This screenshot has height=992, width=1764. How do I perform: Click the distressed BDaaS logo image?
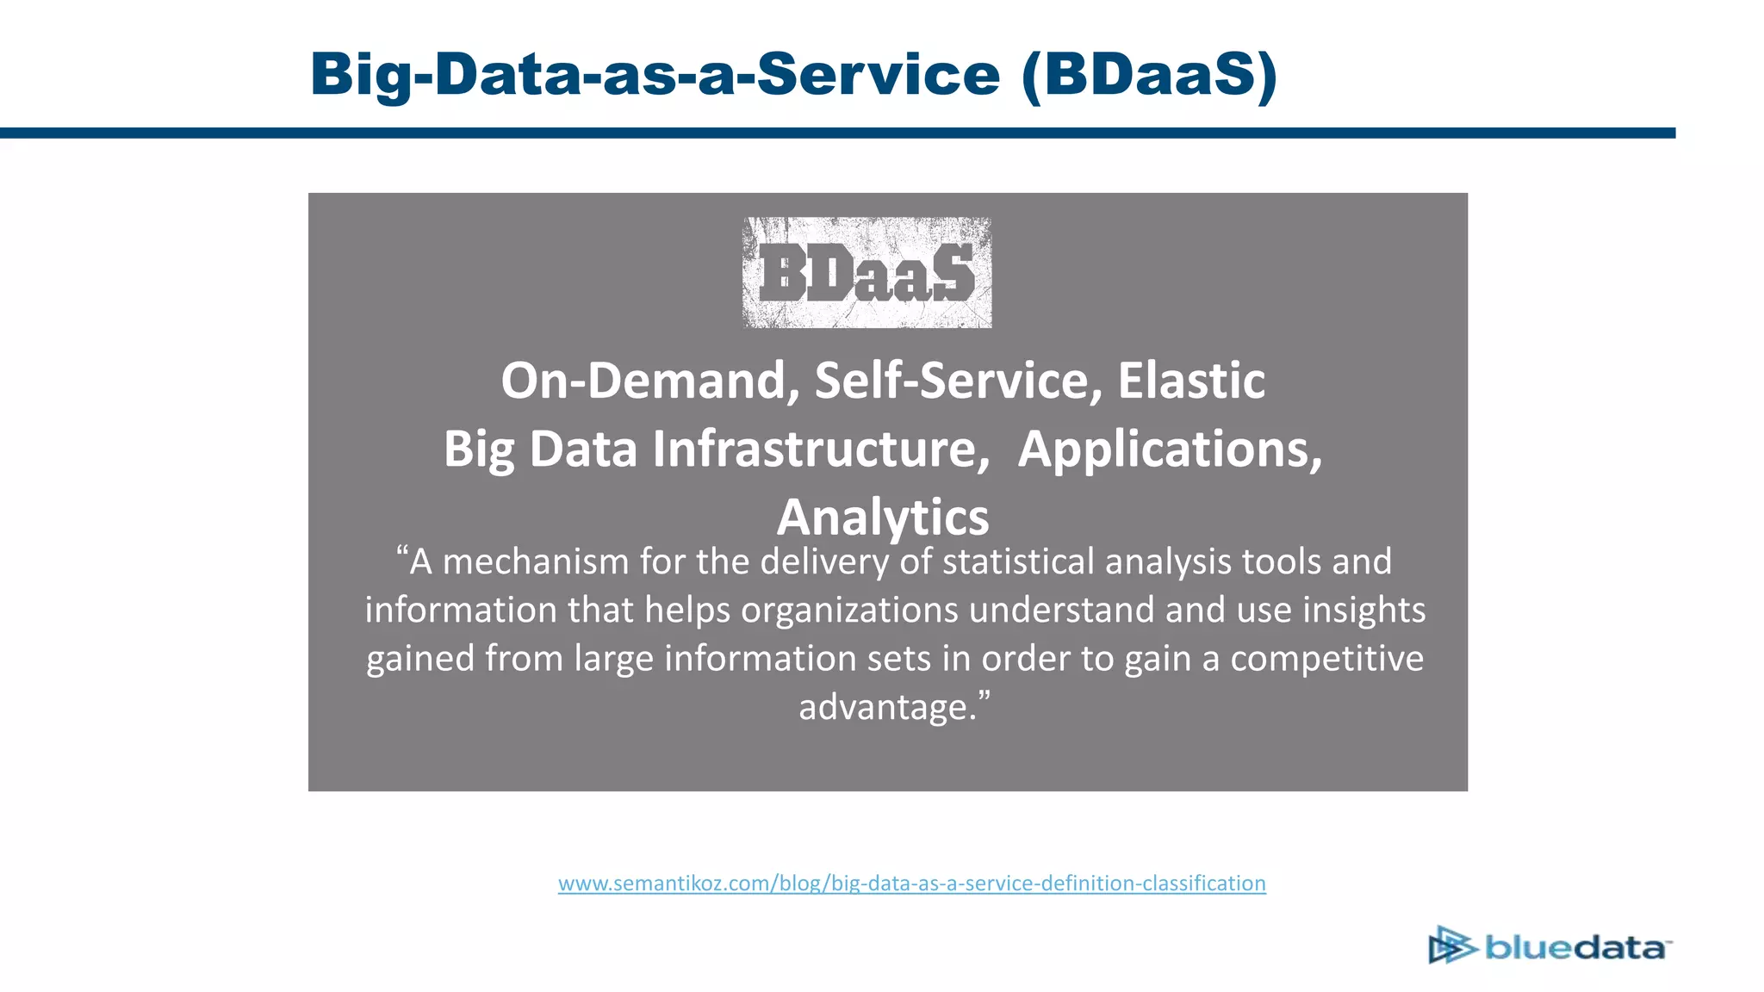866,272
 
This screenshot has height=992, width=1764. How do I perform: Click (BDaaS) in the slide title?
1149,75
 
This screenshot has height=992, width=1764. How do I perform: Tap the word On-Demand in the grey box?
650,381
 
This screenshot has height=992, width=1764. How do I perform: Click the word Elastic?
1191,381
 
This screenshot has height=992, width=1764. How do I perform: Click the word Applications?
1169,449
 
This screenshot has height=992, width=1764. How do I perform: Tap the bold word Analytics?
883,518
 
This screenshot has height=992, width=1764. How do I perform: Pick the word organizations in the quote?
849,611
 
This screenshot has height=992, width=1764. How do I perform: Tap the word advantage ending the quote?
884,708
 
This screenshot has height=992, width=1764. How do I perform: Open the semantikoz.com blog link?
911,883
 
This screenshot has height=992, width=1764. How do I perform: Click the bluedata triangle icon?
1451,945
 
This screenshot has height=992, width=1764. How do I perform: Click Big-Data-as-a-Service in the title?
655,75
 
